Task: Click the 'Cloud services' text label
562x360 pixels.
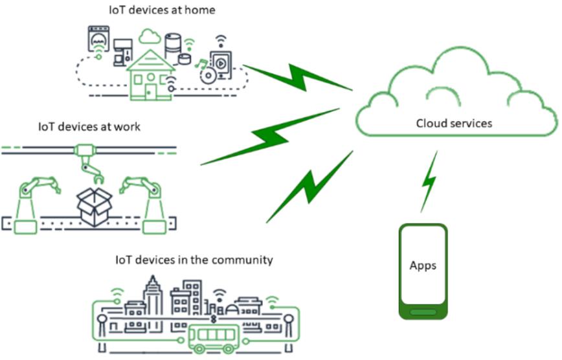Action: (x=453, y=123)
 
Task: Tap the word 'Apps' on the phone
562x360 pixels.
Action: (x=423, y=265)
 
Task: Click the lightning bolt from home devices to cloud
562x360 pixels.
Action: (x=297, y=78)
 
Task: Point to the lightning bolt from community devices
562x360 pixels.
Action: (x=309, y=186)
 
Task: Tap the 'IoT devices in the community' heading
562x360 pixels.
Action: (x=194, y=260)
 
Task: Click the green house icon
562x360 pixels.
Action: (x=150, y=76)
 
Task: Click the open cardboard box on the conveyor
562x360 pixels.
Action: (x=95, y=202)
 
